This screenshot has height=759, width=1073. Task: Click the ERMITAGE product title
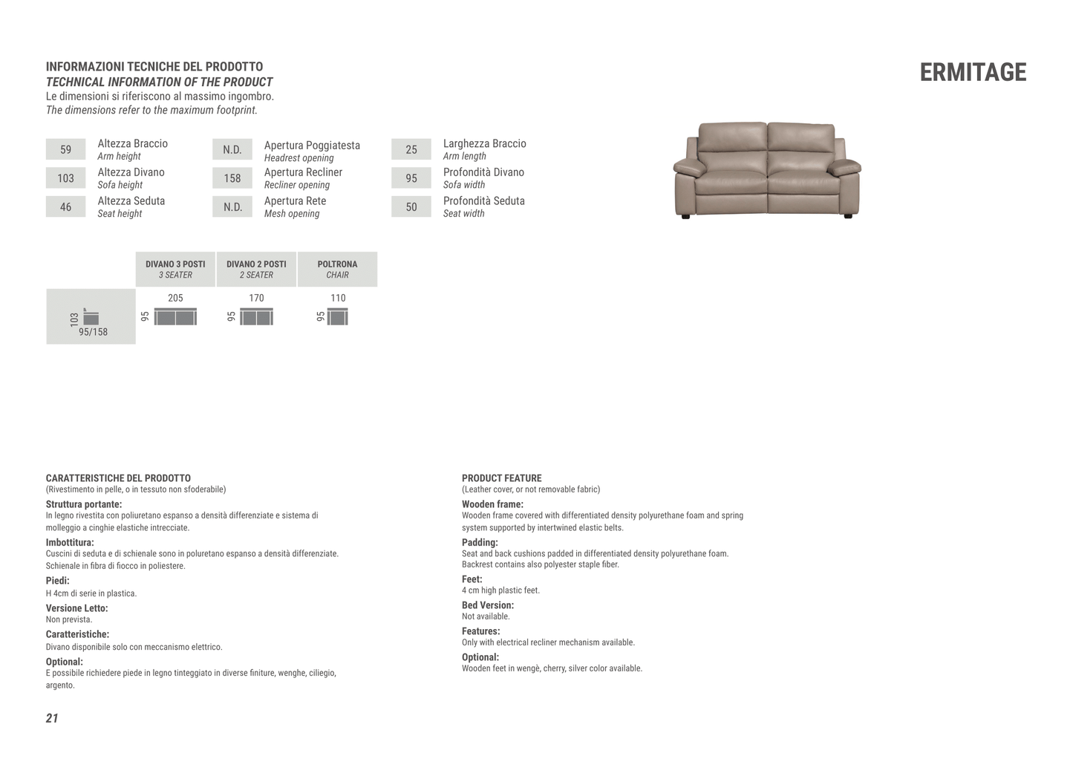pyautogui.click(x=973, y=72)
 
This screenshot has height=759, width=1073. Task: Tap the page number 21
pyautogui.click(x=52, y=717)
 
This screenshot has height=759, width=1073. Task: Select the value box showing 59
pyautogui.click(x=65, y=149)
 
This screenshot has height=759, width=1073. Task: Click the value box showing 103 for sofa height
pyautogui.click(x=65, y=178)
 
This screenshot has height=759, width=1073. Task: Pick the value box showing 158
pyautogui.click(x=232, y=178)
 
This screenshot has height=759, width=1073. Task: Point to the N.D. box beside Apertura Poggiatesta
pyautogui.click(x=232, y=149)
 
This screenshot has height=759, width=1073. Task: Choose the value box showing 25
pyautogui.click(x=411, y=149)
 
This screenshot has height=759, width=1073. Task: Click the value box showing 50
pyautogui.click(x=411, y=207)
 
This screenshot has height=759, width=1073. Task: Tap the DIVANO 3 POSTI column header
pyautogui.click(x=175, y=269)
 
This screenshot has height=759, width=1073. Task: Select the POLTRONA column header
pyautogui.click(x=337, y=269)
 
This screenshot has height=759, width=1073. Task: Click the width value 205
pyautogui.click(x=175, y=298)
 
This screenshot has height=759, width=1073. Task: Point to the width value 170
pyautogui.click(x=256, y=298)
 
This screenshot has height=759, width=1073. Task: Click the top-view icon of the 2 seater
pyautogui.click(x=256, y=317)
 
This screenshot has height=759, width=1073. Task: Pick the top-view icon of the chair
pyautogui.click(x=338, y=317)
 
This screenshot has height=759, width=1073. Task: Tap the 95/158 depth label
pyautogui.click(x=94, y=332)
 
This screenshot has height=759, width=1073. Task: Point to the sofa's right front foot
pyautogui.click(x=848, y=215)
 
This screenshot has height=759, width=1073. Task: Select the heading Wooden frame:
pyautogui.click(x=492, y=504)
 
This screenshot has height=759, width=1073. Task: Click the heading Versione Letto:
pyautogui.click(x=76, y=608)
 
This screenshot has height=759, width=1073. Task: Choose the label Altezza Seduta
pyautogui.click(x=131, y=201)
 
